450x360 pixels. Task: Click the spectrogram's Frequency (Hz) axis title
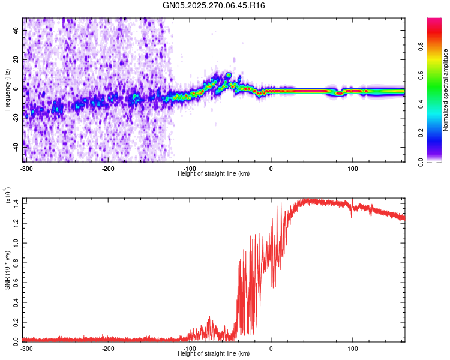pos(7,89)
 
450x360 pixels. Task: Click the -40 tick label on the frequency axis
pos(16,146)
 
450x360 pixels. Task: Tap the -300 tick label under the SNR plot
pos(27,348)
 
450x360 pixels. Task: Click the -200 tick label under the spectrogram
pos(108,168)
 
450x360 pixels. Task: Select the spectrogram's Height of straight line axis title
pos(214,173)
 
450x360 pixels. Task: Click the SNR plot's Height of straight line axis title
pos(214,354)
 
